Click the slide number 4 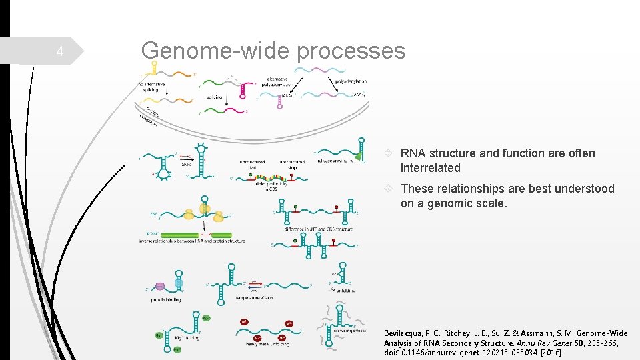[59, 52]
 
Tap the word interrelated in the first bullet [430, 168]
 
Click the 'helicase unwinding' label [335, 161]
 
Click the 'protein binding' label [165, 300]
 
